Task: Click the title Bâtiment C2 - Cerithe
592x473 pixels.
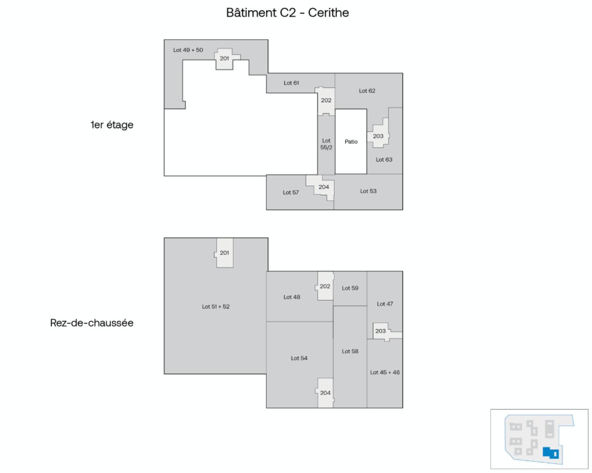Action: [x=287, y=12]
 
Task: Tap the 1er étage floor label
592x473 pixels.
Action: [x=112, y=124]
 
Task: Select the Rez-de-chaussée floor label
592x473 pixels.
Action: [x=92, y=323]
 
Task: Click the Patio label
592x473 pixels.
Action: [x=351, y=142]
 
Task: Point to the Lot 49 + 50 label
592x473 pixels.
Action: [x=188, y=50]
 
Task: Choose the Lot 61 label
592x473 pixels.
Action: [x=291, y=83]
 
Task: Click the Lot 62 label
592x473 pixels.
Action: [x=367, y=91]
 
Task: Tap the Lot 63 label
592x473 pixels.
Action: [x=384, y=160]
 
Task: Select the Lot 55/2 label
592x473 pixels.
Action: [x=326, y=144]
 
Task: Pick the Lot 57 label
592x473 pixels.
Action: [x=291, y=193]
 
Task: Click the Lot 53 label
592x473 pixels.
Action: [x=368, y=191]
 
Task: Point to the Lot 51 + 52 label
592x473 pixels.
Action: [x=216, y=306]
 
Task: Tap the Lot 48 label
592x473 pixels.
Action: [x=292, y=297]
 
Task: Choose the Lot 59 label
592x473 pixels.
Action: [x=350, y=288]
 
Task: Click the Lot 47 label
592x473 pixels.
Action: [x=385, y=304]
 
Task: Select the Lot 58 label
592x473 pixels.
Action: [x=350, y=351]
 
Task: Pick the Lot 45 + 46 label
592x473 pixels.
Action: [x=385, y=372]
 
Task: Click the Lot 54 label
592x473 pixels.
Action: [x=299, y=358]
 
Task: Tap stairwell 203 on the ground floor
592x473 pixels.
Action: [x=380, y=331]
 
